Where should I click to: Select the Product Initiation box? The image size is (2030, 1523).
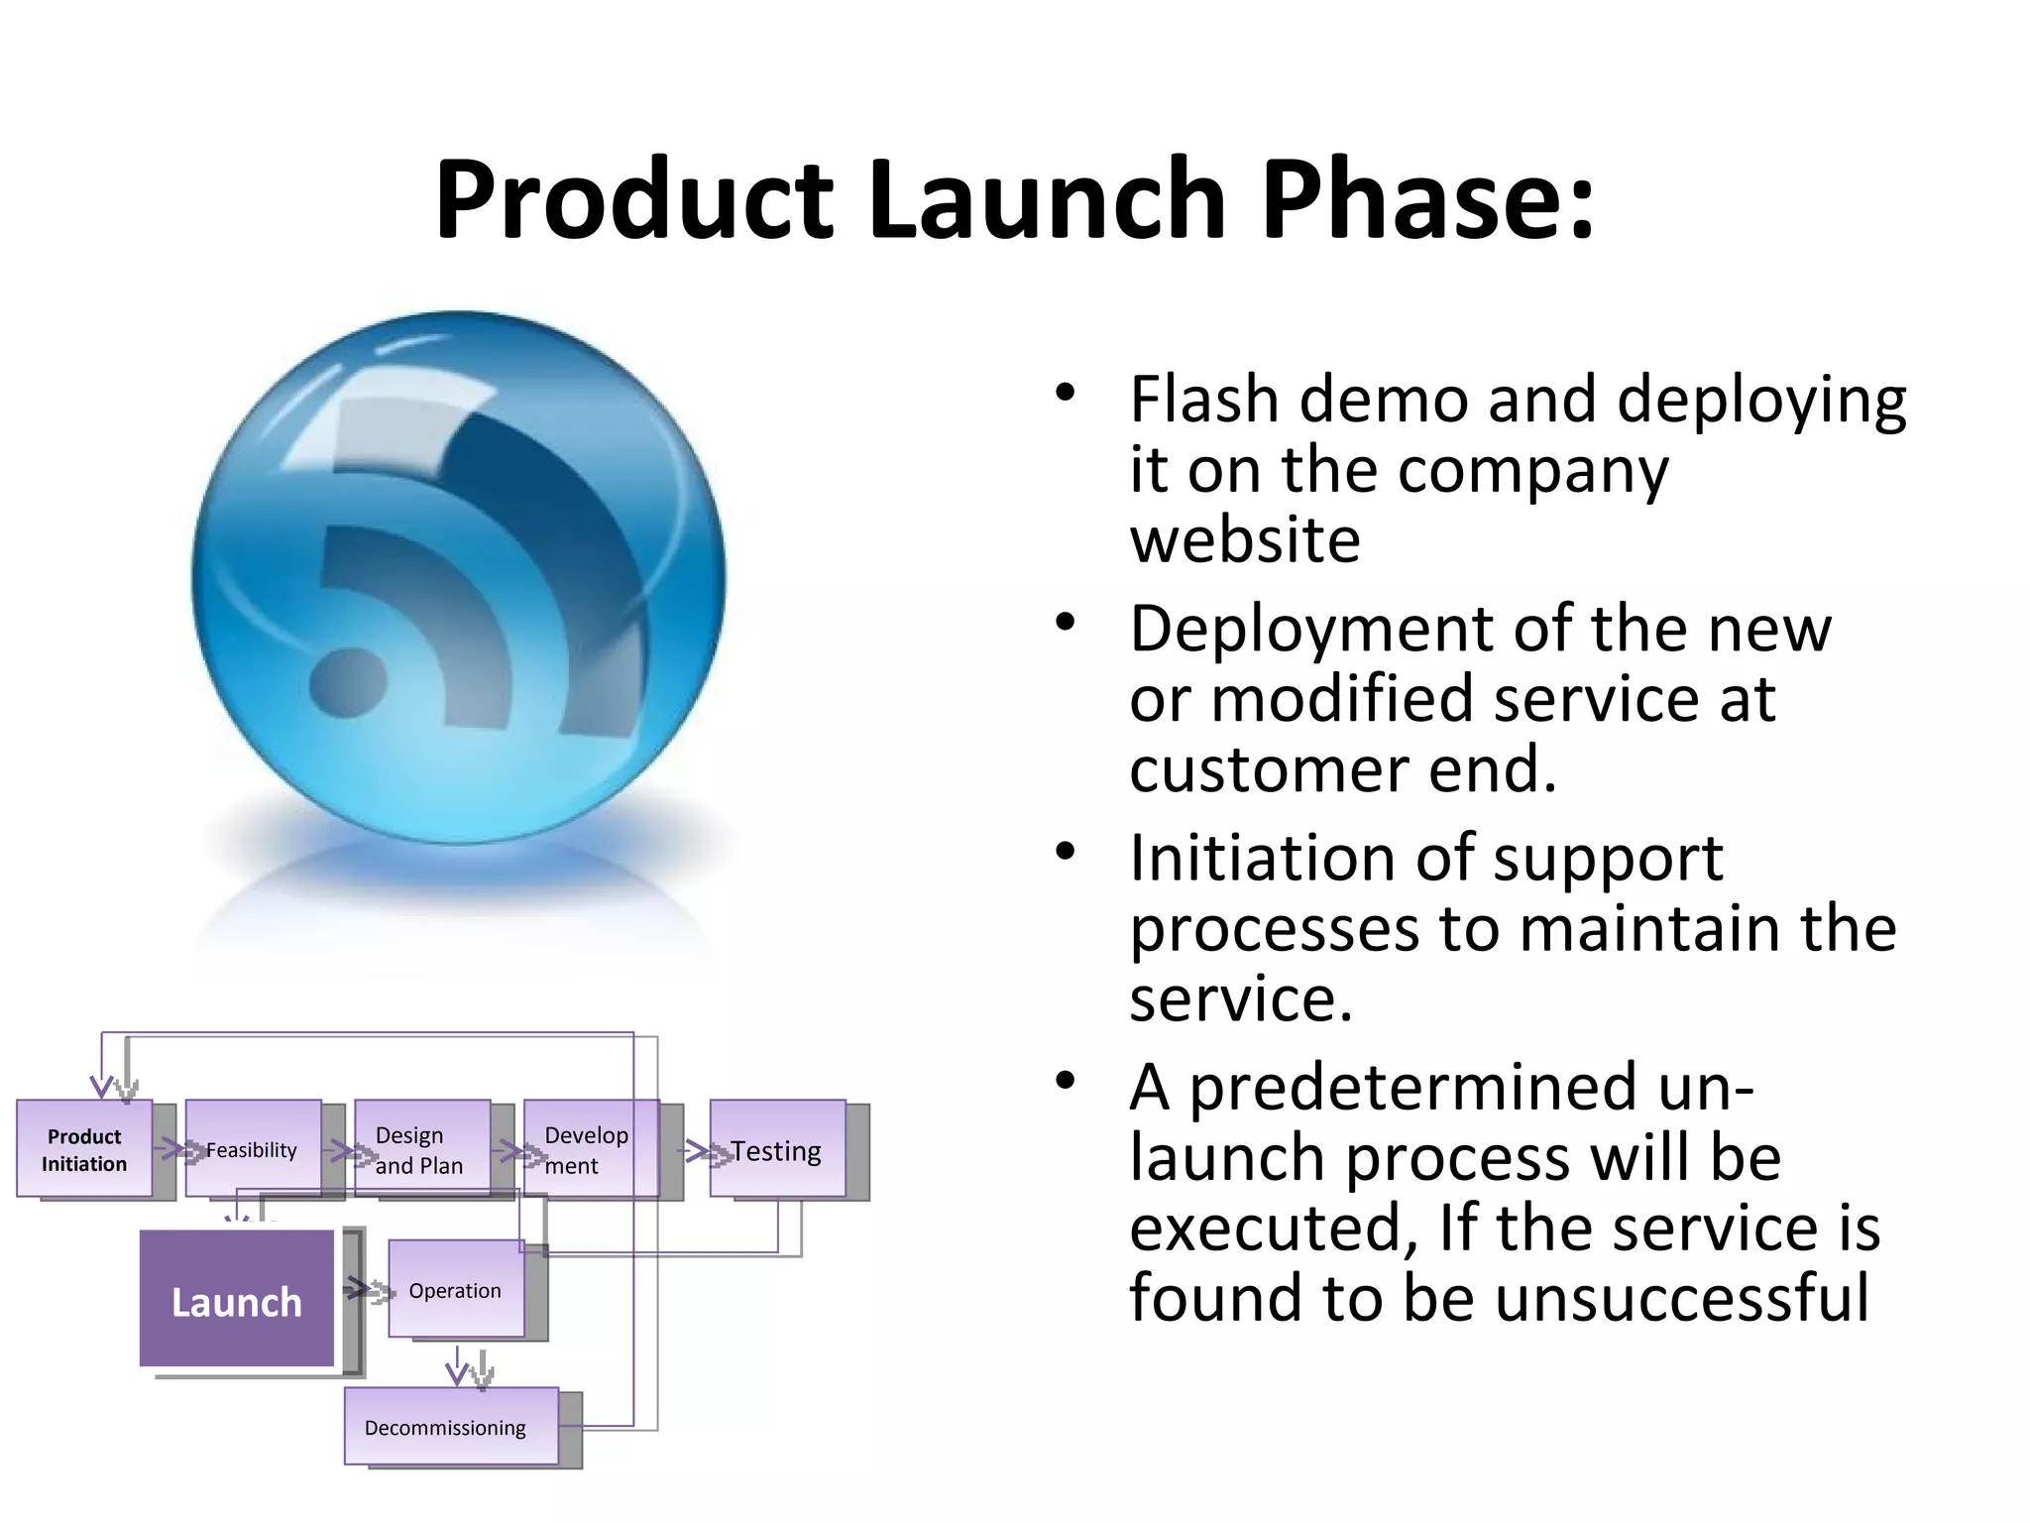click(84, 1149)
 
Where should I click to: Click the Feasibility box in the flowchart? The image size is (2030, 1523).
click(253, 1149)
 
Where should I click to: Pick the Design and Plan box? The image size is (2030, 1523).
click(422, 1149)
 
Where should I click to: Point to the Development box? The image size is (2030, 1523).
click(591, 1149)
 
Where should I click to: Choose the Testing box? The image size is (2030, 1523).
click(778, 1150)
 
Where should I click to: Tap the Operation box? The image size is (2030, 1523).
click(456, 1290)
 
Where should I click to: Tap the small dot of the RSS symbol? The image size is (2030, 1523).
click(347, 683)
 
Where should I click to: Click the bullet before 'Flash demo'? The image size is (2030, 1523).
click(1065, 394)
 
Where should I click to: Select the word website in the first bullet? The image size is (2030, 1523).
click(1245, 540)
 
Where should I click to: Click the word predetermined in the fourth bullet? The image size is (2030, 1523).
click(1412, 1088)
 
